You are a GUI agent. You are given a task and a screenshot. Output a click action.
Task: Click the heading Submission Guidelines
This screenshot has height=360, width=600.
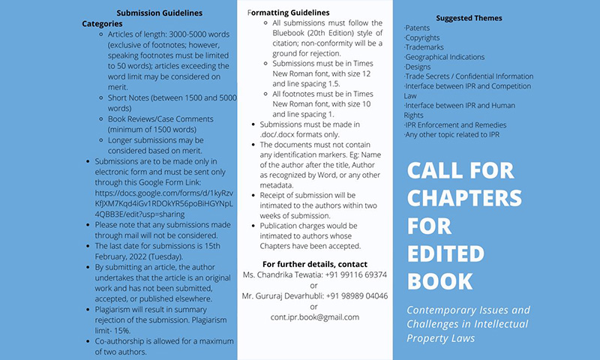tap(159, 13)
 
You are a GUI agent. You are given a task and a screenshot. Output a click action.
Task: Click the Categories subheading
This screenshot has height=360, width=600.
tap(102, 23)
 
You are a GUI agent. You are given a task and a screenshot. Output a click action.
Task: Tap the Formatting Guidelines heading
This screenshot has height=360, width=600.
tap(288, 13)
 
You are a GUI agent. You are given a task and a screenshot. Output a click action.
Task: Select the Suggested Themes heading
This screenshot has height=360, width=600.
tap(469, 18)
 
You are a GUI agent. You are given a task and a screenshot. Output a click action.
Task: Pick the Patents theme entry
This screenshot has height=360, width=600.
tap(418, 28)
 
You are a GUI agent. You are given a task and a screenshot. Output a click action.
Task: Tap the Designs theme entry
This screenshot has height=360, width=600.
tap(418, 67)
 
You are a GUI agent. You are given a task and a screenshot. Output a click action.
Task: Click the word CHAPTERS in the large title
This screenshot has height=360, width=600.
tap(464, 198)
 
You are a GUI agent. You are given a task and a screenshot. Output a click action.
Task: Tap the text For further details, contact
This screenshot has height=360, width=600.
tap(315, 265)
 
